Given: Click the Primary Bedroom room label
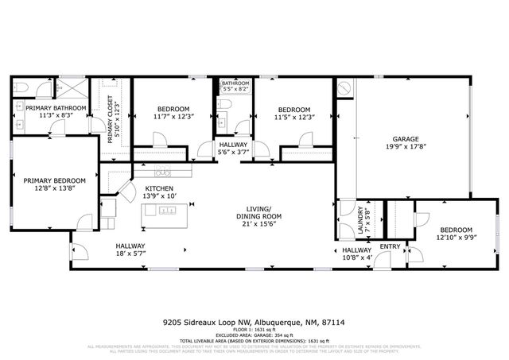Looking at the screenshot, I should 54,180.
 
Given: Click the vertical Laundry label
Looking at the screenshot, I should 359,219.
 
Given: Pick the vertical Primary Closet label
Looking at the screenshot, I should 111,120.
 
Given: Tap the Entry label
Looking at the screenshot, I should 390,246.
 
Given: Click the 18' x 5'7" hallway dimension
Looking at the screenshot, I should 130,254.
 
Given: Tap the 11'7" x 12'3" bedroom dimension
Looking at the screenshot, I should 173,117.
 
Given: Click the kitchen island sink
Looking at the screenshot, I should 167,211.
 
